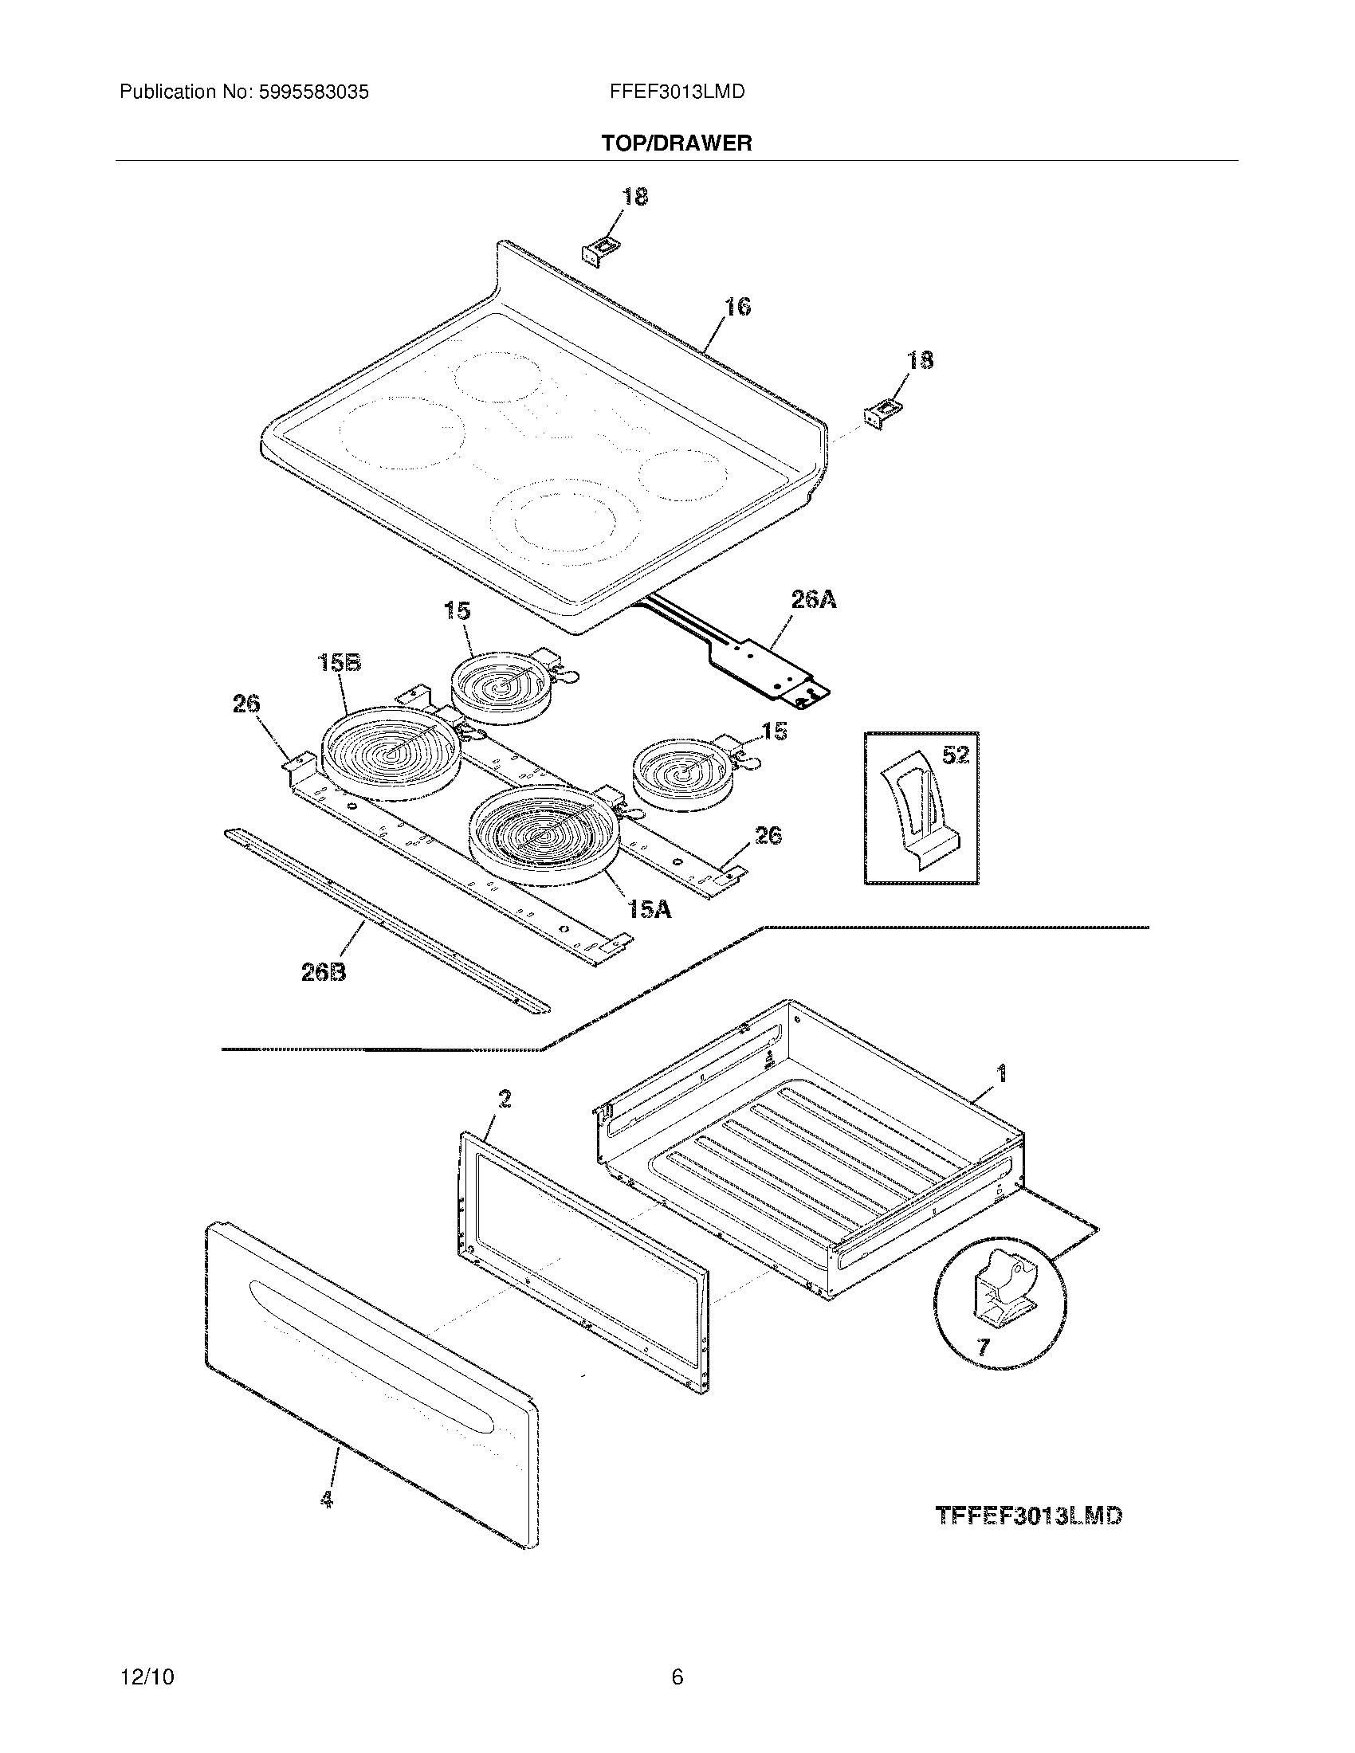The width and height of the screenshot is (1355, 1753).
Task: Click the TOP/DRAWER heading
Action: (677, 143)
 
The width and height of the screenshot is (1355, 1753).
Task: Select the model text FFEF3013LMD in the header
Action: (677, 92)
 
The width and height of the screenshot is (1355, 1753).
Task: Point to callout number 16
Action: (738, 307)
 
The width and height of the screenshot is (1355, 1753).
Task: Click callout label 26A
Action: (813, 598)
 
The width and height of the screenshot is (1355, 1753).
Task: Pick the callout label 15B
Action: (340, 663)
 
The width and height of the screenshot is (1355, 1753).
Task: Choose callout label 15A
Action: (650, 909)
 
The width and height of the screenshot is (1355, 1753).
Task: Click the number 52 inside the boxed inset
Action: (955, 755)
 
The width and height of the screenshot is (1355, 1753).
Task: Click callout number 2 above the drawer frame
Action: (503, 1099)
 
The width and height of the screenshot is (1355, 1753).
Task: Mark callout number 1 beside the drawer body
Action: (1001, 1073)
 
